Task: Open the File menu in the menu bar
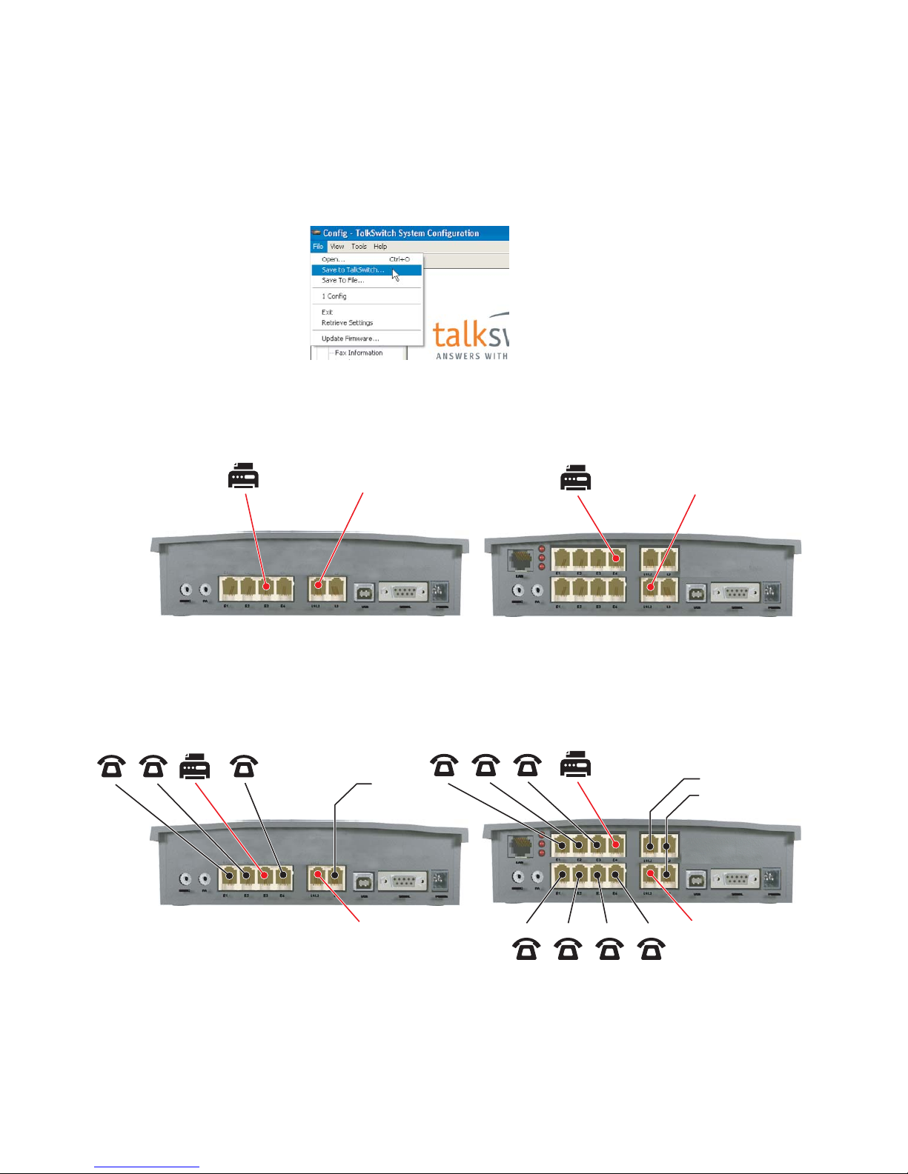[317, 247]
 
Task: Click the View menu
[337, 247]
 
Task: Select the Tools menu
[359, 247]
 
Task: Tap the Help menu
[380, 247]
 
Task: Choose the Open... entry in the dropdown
[333, 259]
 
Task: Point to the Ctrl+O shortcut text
[400, 259]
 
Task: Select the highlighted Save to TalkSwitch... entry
[353, 270]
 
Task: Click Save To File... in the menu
[342, 280]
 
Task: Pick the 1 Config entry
[334, 296]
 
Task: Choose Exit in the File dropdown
[327, 313]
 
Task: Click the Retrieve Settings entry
[347, 323]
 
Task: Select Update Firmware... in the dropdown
[350, 338]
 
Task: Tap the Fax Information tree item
[359, 353]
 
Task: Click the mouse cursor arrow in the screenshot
[395, 274]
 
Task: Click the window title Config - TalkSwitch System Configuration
[401, 233]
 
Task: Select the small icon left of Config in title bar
[316, 233]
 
